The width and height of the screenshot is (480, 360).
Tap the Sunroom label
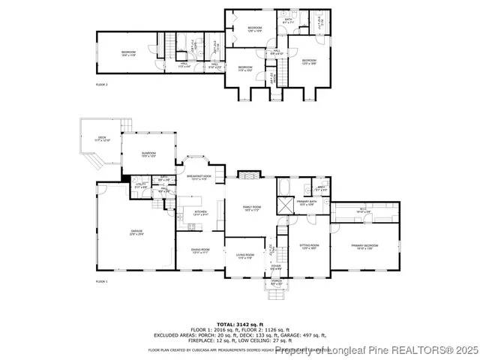pyautogui.click(x=148, y=154)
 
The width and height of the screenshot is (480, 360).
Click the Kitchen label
pyautogui.click(x=200, y=213)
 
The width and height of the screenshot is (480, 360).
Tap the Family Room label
pyautogui.click(x=251, y=208)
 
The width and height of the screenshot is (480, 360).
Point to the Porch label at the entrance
pyautogui.click(x=276, y=283)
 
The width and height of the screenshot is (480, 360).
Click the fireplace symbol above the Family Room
pyautogui.click(x=248, y=175)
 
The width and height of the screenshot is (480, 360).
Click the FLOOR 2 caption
pyautogui.click(x=102, y=85)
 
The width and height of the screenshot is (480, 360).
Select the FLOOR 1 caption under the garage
pyautogui.click(x=102, y=281)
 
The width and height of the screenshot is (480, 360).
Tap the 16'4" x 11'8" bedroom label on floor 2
pyautogui.click(x=128, y=52)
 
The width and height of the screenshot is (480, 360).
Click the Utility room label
pyautogui.click(x=140, y=185)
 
